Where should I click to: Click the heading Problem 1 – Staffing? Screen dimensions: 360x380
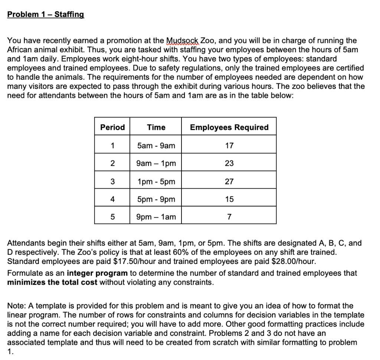pyautogui.click(x=46, y=15)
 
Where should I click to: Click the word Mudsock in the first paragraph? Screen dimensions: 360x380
pyautogui.click(x=183, y=41)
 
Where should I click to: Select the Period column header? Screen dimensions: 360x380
pyautogui.click(x=112, y=128)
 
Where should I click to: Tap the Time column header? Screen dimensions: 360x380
pyautogui.click(x=156, y=128)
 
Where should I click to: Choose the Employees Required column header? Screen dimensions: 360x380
pyautogui.click(x=229, y=128)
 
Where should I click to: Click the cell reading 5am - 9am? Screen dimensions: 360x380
pyautogui.click(x=156, y=146)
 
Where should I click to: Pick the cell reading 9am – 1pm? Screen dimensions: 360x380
pyautogui.click(x=156, y=164)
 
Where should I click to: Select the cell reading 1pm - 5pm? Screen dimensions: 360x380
pyautogui.click(x=156, y=182)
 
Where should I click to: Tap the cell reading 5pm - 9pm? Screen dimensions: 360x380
pyautogui.click(x=156, y=199)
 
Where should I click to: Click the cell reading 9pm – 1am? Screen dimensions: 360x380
pyautogui.click(x=156, y=217)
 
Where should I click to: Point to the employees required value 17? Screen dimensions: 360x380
pyautogui.click(x=229, y=146)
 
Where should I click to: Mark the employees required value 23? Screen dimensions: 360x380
pyautogui.click(x=229, y=164)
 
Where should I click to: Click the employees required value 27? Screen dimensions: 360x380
pyautogui.click(x=229, y=182)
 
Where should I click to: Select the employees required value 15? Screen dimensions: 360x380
pyautogui.click(x=229, y=199)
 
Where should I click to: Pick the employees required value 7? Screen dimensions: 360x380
pyautogui.click(x=229, y=217)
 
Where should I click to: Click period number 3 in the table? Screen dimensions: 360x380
pyautogui.click(x=112, y=182)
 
